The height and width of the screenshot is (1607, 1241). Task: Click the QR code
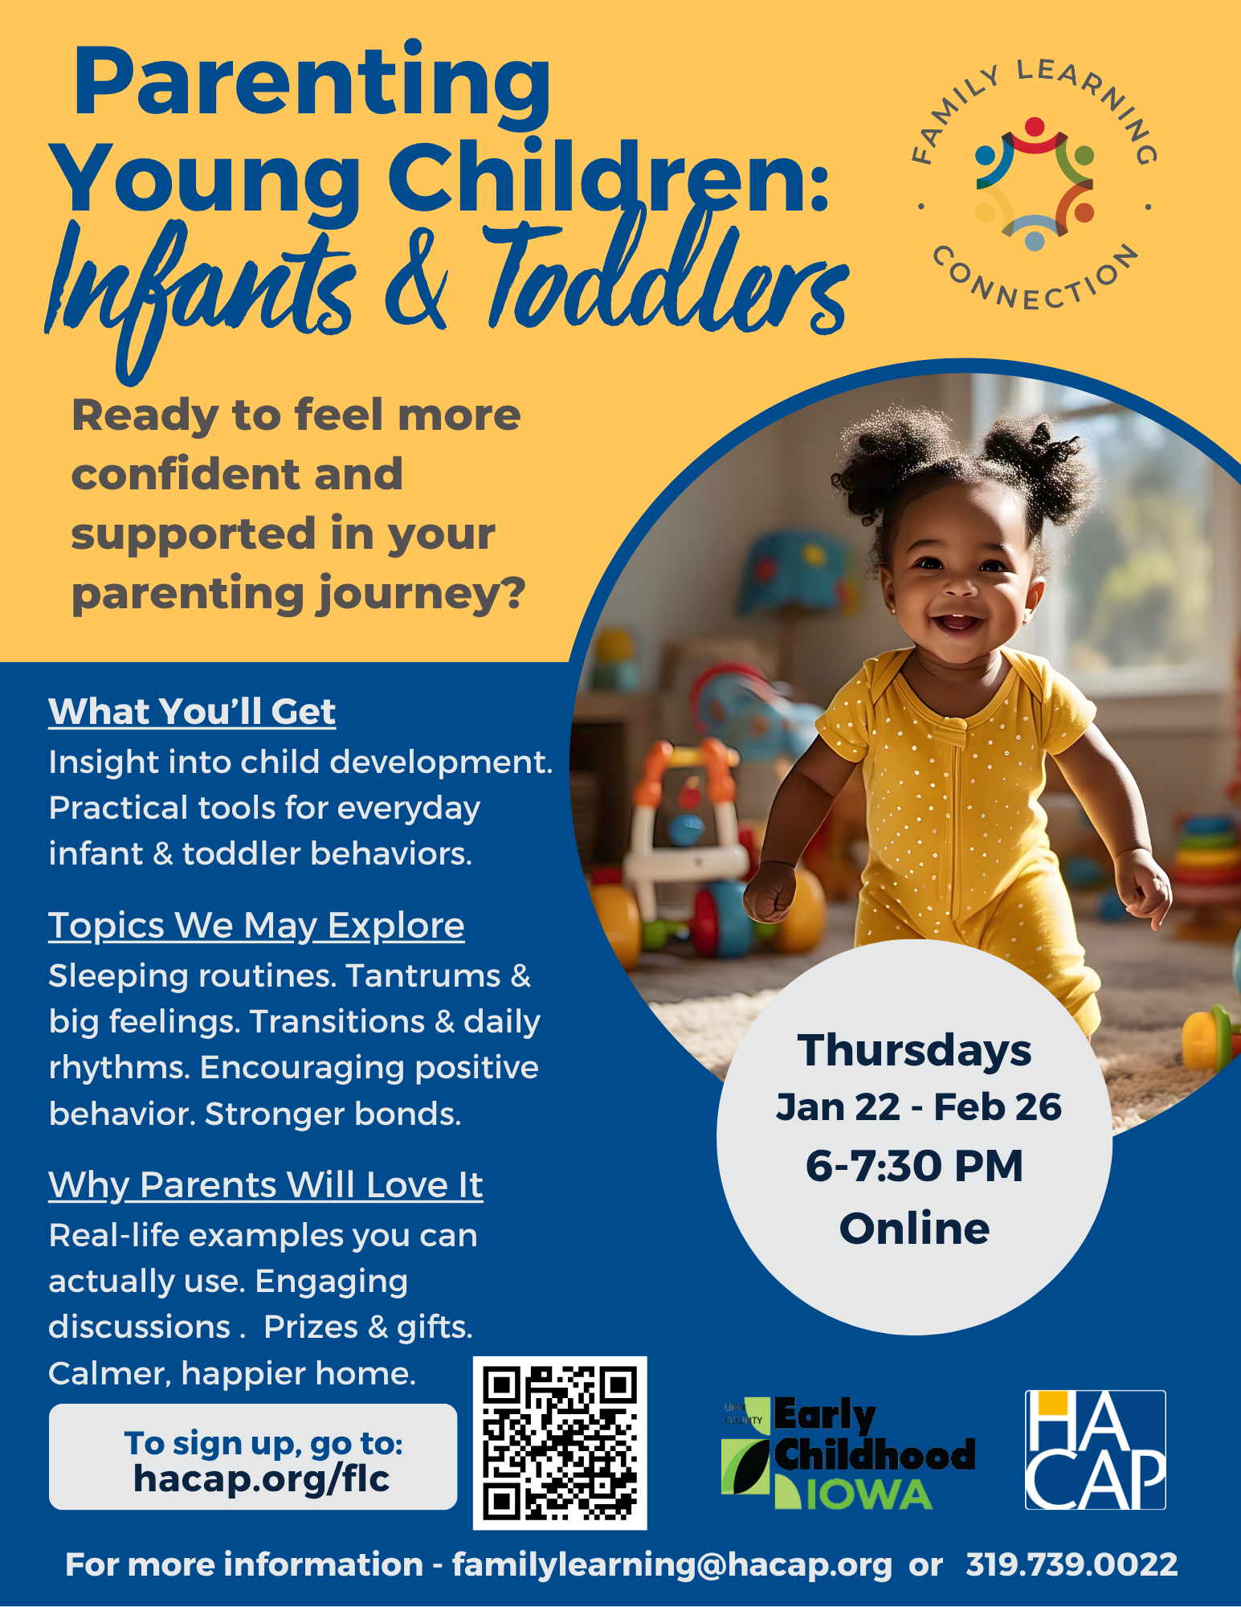pyautogui.click(x=560, y=1443)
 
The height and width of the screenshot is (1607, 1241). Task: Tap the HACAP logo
pyautogui.click(x=1096, y=1450)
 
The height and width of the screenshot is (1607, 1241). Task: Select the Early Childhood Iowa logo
pyautogui.click(x=848, y=1454)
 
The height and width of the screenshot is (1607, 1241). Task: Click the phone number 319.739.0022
pyautogui.click(x=1072, y=1564)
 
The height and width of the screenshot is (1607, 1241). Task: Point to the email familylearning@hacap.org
pyautogui.click(x=672, y=1565)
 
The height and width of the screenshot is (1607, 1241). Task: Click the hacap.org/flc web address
pyautogui.click(x=262, y=1478)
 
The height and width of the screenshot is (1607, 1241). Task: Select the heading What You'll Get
pyautogui.click(x=192, y=712)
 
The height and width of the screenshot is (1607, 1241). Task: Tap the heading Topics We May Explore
pyautogui.click(x=256, y=926)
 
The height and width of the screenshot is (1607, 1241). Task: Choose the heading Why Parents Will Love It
pyautogui.click(x=266, y=1186)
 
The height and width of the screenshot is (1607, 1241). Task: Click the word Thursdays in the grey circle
pyautogui.click(x=914, y=1050)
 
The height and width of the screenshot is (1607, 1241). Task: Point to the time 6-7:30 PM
pyautogui.click(x=914, y=1166)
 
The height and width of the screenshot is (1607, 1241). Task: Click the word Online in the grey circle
pyautogui.click(x=914, y=1229)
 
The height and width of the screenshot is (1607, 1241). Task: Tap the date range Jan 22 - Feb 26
pyautogui.click(x=918, y=1107)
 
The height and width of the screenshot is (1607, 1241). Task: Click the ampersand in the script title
pyautogui.click(x=415, y=281)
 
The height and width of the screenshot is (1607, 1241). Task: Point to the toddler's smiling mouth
pyautogui.click(x=958, y=621)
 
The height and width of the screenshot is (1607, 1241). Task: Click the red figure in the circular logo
pyautogui.click(x=1035, y=137)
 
